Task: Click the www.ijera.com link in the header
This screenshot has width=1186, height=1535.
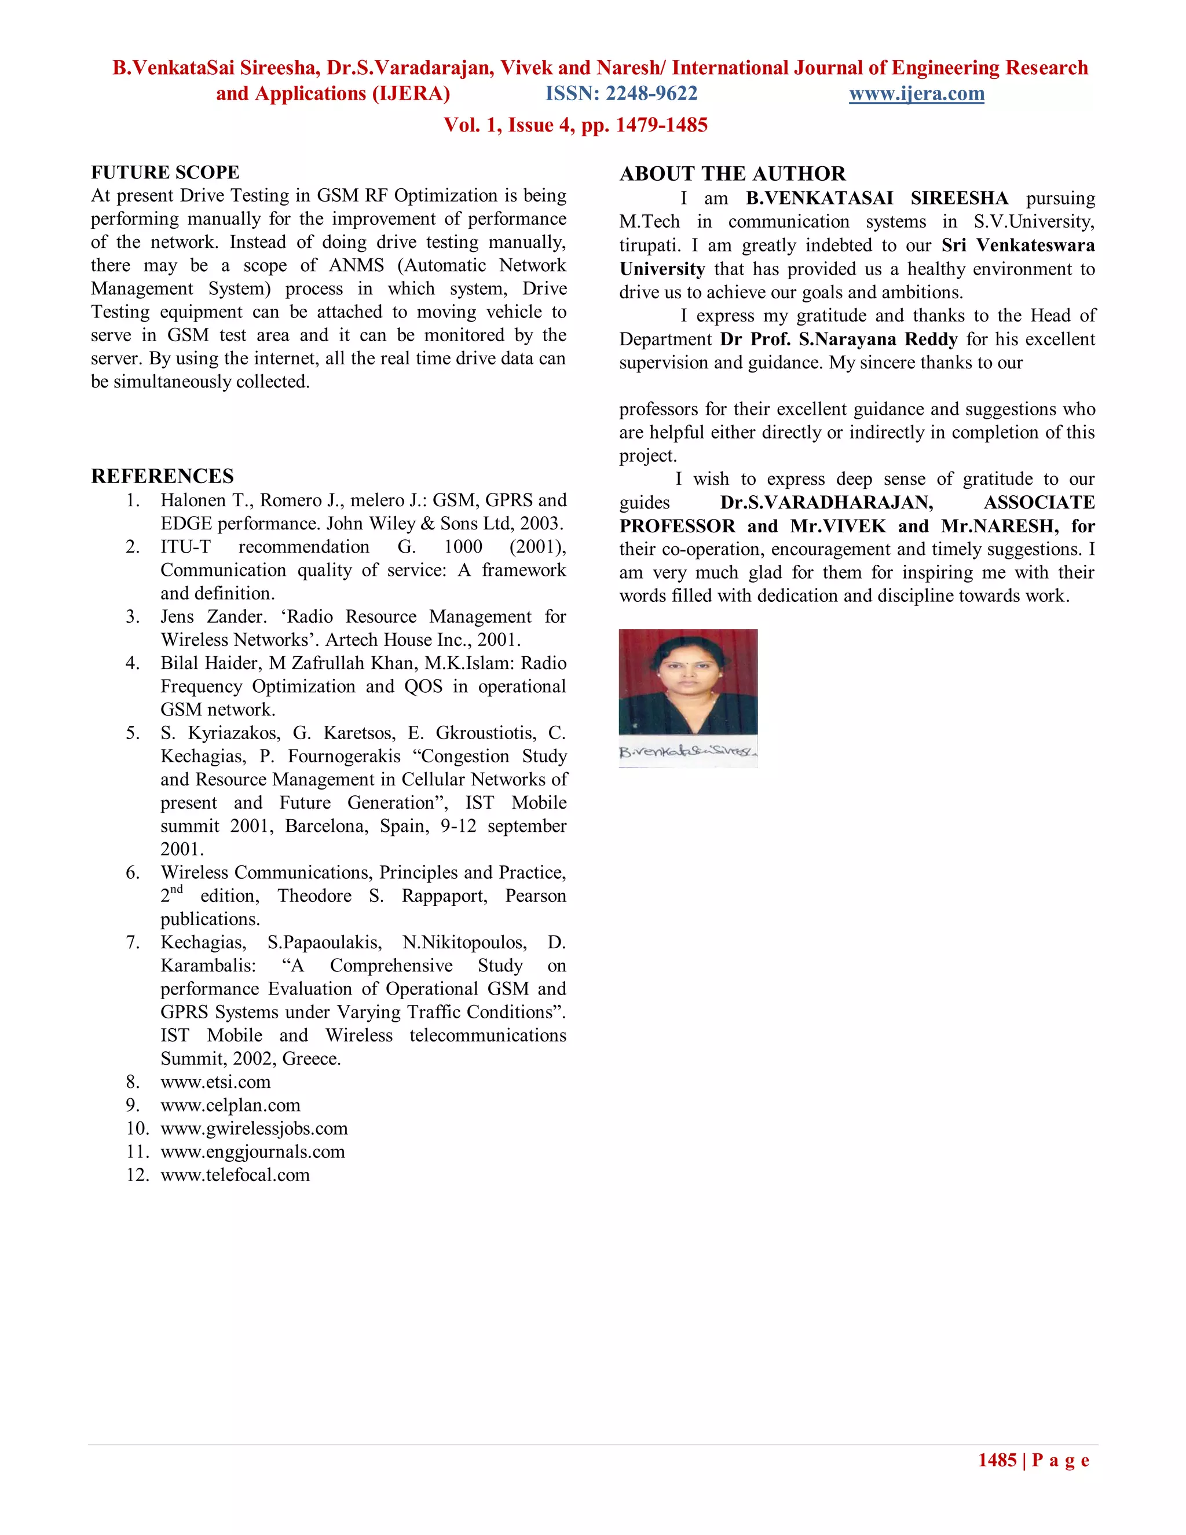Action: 916,93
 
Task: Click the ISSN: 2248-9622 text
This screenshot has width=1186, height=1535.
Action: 621,93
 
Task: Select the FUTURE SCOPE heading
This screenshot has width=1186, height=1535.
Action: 165,172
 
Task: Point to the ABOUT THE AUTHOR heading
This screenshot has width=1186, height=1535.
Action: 732,174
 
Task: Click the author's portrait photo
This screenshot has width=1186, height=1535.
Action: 688,681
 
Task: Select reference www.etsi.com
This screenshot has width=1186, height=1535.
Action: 215,1081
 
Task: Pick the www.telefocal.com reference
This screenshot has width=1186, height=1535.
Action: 235,1175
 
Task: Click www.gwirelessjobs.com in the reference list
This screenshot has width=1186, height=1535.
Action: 254,1128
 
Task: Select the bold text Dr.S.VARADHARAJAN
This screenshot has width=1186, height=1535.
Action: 826,503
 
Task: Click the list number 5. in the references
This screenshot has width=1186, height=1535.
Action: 133,733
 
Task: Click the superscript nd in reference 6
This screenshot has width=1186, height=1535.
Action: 177,889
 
